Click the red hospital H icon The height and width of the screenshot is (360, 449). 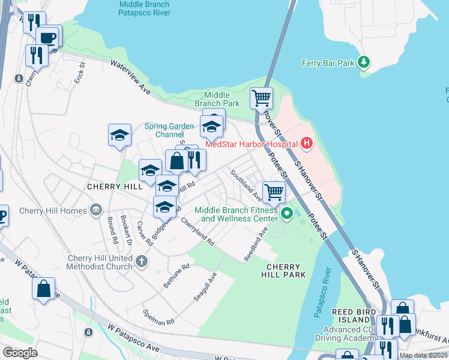pyautogui.click(x=307, y=143)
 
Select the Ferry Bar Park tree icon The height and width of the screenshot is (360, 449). pyautogui.click(x=363, y=62)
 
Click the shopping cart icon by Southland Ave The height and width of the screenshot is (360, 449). pyautogui.click(x=274, y=192)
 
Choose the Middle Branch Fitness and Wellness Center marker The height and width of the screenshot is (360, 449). pyautogui.click(x=287, y=213)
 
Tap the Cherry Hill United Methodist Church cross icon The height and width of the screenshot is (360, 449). pyautogui.click(x=141, y=261)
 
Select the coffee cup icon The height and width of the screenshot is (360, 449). pyautogui.click(x=48, y=37)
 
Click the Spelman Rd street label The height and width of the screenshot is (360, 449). pyautogui.click(x=158, y=317)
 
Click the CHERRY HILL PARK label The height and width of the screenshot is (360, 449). pyautogui.click(x=286, y=270)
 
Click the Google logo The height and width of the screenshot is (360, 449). pyautogui.click(x=20, y=353)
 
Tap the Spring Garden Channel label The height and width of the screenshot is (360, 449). pyautogui.click(x=169, y=130)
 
